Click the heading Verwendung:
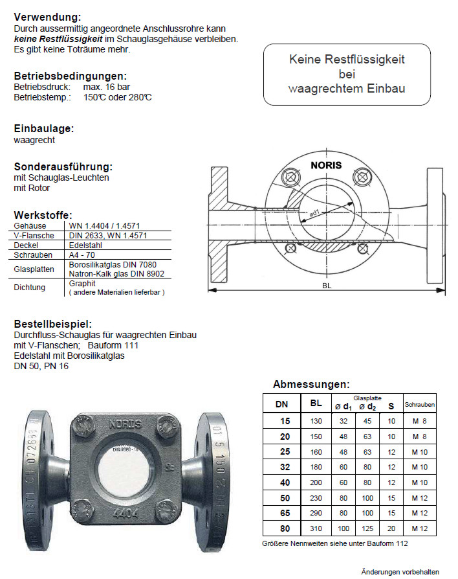point(47,17)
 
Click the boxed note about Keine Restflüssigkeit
point(346,74)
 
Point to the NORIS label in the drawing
point(326,165)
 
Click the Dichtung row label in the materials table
point(30,287)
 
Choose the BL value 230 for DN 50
point(316,499)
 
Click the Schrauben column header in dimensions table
point(419,405)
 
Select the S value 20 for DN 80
point(391,528)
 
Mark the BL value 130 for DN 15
point(316,421)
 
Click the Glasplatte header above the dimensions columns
point(367,398)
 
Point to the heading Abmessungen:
point(311,384)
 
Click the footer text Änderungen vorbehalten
point(400,572)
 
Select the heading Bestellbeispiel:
point(52,324)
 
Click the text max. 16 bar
point(107,86)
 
